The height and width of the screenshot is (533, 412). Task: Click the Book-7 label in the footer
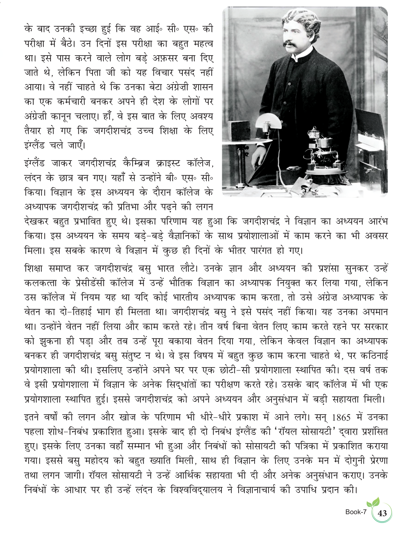pos(355,512)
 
